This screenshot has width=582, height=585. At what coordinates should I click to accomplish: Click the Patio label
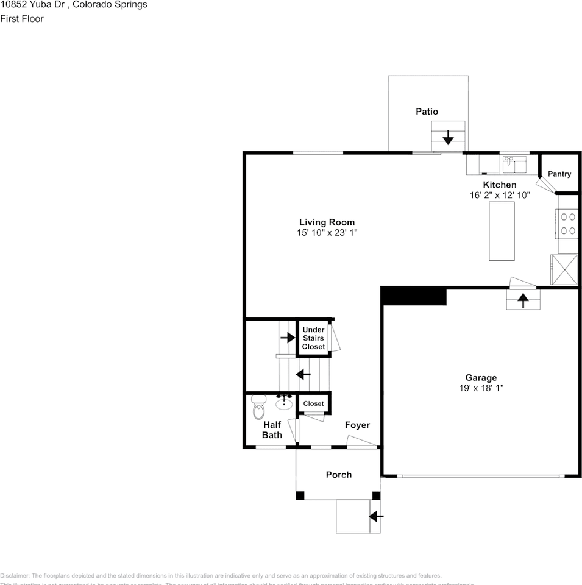coord(427,112)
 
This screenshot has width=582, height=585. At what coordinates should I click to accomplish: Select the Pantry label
coord(559,174)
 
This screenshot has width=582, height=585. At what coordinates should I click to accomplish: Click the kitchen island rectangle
coord(502,231)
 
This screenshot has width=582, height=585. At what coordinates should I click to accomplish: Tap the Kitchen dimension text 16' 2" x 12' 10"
coord(500,196)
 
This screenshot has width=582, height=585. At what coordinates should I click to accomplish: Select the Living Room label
coord(327,222)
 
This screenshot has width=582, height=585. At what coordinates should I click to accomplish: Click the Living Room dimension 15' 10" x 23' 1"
coord(327,233)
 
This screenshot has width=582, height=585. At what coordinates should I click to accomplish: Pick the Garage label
coord(481,378)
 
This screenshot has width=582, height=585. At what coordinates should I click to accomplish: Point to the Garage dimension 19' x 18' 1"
coord(481,388)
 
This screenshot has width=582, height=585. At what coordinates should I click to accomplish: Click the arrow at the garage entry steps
coord(523,299)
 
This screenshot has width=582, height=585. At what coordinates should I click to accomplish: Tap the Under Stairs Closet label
coord(313,338)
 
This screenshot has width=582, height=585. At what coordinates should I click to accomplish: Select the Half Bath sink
coord(284,402)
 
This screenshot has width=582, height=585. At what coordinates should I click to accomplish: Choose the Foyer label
coord(357,425)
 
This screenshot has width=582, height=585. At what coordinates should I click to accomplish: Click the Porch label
coord(338,475)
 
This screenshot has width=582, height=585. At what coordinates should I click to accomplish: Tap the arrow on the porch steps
coord(376,517)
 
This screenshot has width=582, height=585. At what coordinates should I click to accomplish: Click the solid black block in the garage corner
coord(414,296)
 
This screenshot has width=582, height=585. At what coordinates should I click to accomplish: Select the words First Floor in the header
coord(22,18)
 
